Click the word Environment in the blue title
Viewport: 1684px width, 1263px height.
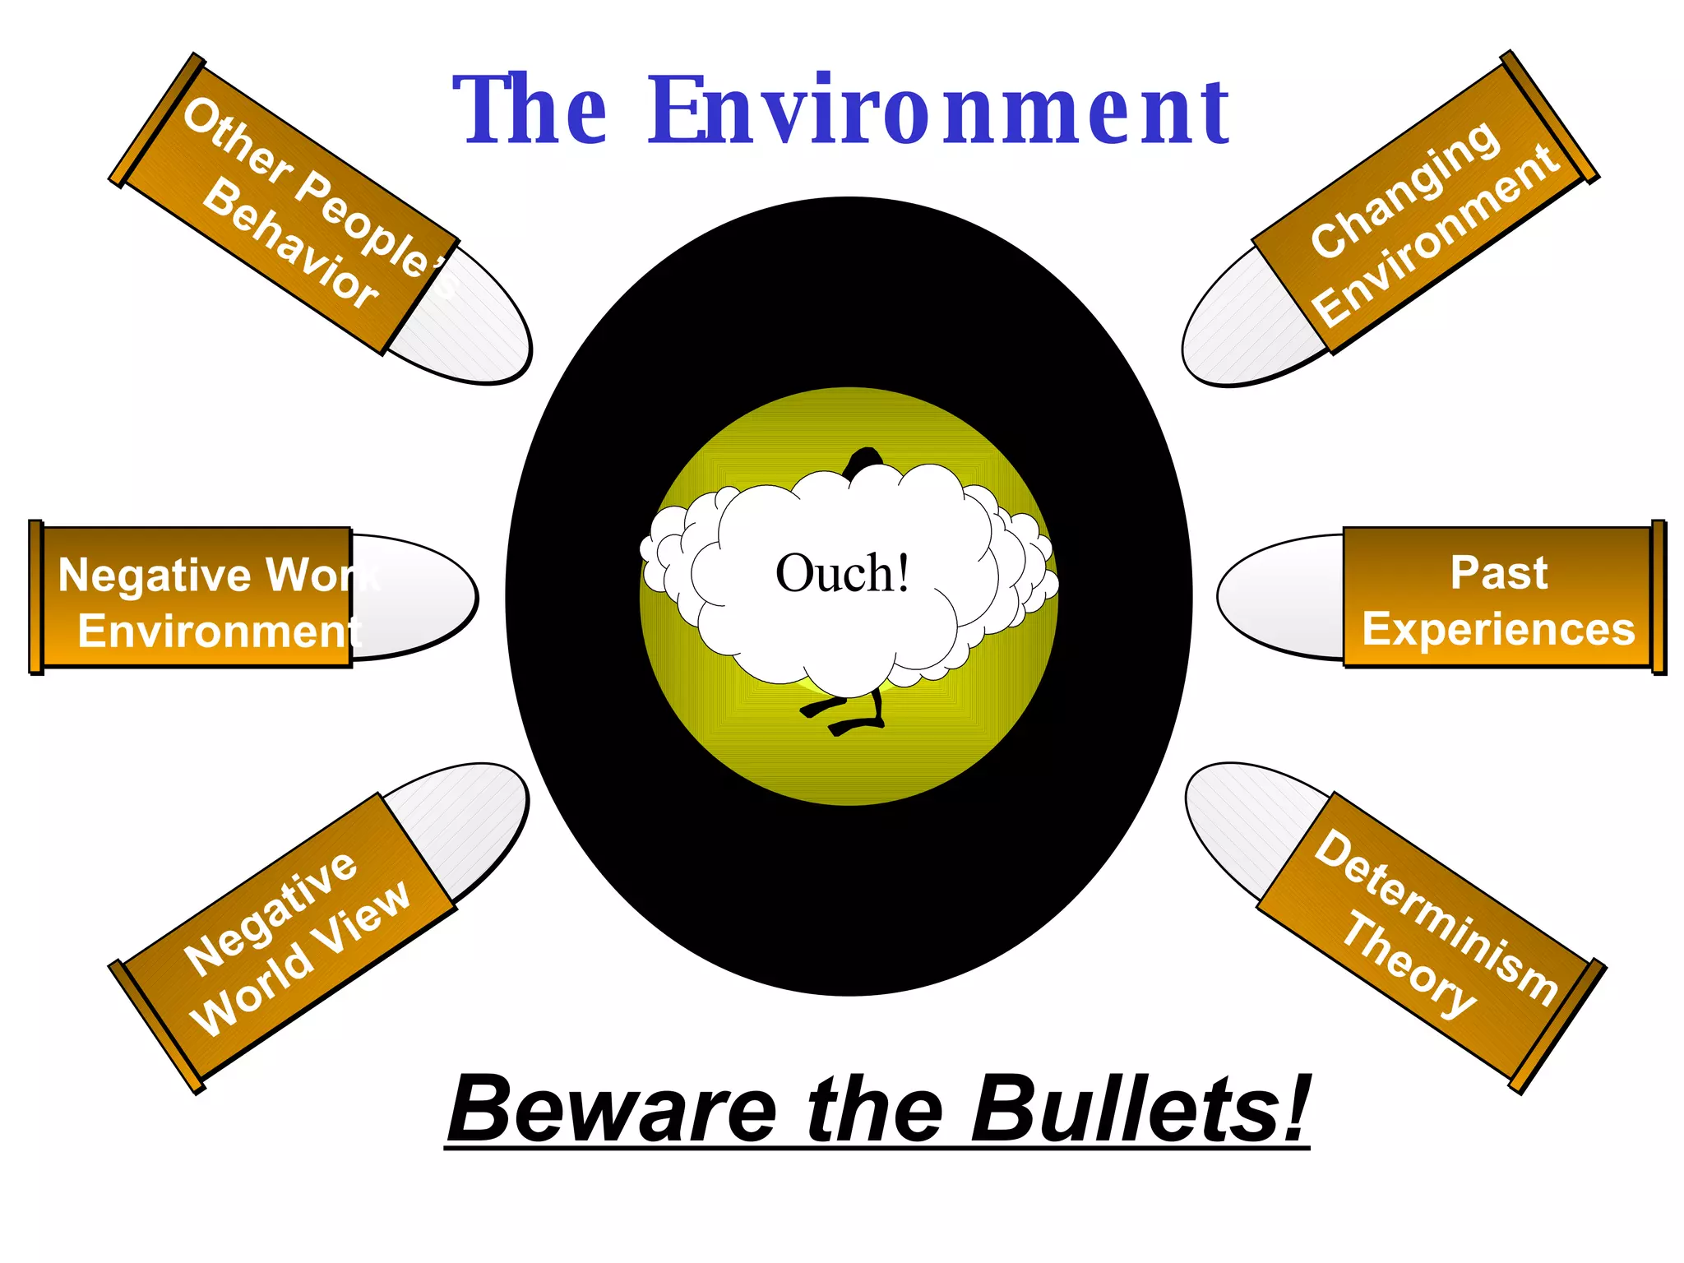click(939, 111)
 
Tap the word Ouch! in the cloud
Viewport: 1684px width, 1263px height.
click(843, 573)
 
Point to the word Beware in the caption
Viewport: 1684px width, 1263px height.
click(613, 1109)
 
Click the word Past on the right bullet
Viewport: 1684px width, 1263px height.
click(1498, 573)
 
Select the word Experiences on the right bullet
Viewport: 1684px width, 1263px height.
click(1498, 631)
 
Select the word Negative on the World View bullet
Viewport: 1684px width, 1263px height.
click(271, 913)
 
